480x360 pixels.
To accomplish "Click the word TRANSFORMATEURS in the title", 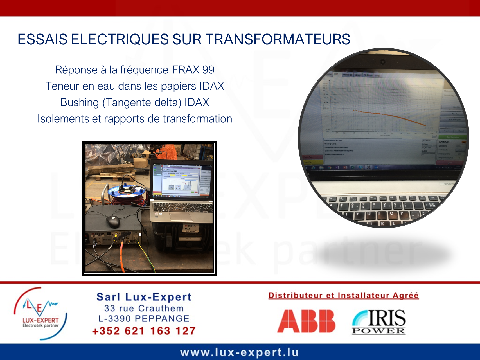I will click(x=278, y=39).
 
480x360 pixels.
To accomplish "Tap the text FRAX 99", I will click(x=193, y=70).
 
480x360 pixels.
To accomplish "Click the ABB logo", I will click(x=306, y=321).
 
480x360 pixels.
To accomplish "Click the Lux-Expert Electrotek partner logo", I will click(x=40, y=313).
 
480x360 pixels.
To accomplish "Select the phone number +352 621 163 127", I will click(x=144, y=331).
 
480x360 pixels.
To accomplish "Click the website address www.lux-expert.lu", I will click(x=239, y=352).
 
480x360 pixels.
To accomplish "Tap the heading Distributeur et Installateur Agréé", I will click(x=343, y=296).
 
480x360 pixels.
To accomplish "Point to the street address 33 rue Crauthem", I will click(x=144, y=309).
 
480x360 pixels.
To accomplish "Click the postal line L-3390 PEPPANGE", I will click(x=144, y=319).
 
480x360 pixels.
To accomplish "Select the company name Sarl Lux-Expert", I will click(x=144, y=297).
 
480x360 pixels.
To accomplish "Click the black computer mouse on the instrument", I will click(x=113, y=221).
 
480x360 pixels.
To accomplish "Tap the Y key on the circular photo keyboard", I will click(x=358, y=214).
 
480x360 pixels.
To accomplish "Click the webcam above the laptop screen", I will click(x=383, y=62).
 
